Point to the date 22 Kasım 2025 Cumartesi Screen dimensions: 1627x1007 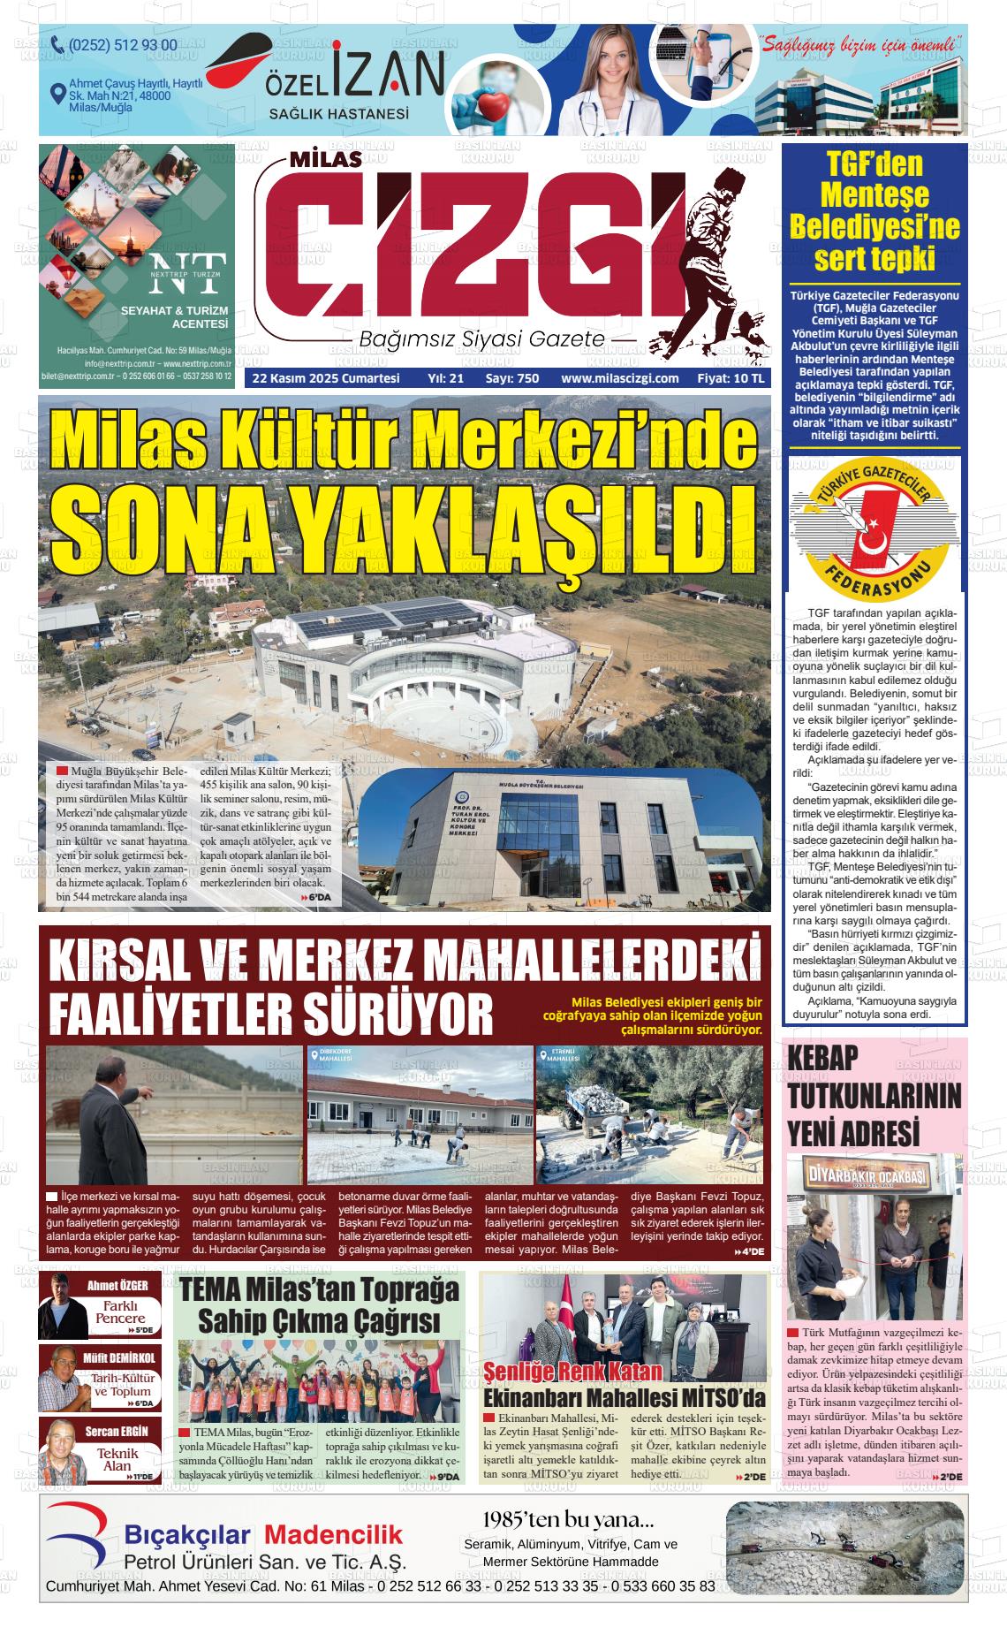[326, 378]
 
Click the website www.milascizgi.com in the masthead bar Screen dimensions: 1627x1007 [619, 378]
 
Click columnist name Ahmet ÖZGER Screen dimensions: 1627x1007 [117, 1285]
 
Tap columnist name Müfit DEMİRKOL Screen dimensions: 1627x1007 [120, 1357]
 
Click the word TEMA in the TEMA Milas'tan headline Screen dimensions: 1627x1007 [217, 1290]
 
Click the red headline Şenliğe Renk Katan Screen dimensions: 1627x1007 [572, 1372]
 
